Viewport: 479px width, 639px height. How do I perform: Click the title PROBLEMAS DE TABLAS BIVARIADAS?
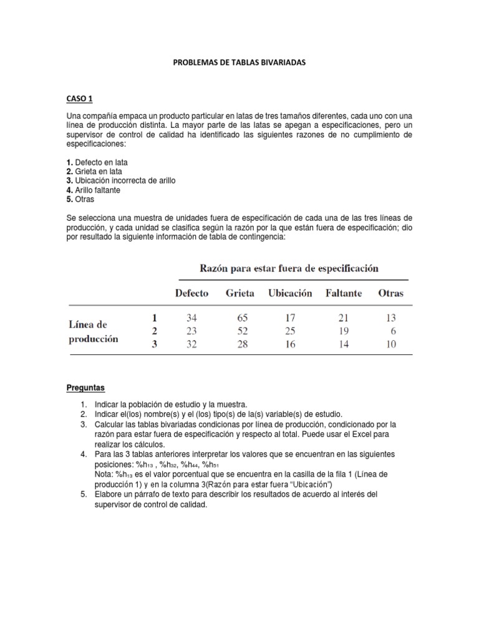[239, 64]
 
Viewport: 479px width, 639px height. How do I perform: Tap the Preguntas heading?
[86, 388]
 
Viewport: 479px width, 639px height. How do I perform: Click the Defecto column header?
[191, 293]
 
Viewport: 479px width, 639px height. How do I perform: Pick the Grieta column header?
[240, 293]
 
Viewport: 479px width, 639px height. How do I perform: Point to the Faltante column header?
[344, 293]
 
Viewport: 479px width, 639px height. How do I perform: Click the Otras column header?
[390, 293]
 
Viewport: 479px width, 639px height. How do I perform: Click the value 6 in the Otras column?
[393, 331]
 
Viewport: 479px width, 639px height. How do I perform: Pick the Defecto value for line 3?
[191, 344]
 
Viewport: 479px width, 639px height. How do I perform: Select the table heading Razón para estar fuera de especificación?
[289, 268]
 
